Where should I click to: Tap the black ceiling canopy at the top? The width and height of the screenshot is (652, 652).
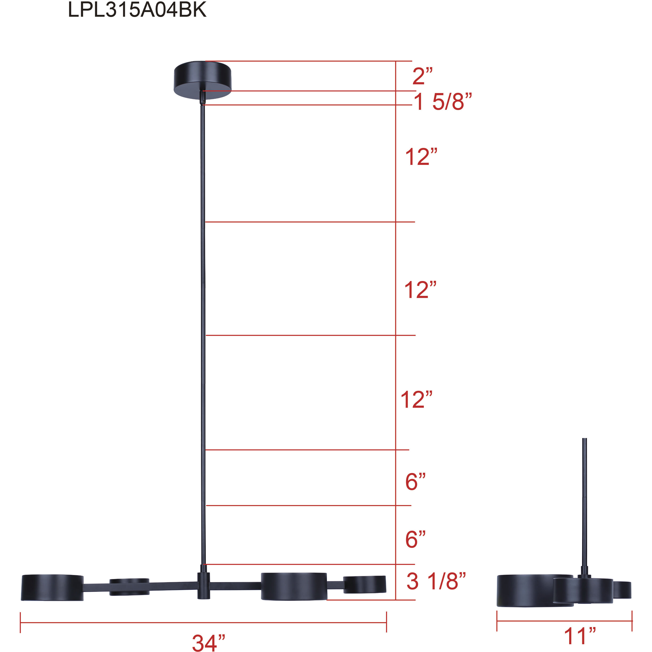click(203, 80)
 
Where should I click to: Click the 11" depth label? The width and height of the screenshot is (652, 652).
click(580, 636)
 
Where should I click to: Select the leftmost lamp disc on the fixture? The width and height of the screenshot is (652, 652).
click(52, 587)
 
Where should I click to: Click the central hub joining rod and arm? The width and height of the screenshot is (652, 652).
click(204, 585)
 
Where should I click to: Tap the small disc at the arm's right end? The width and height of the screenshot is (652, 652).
click(364, 584)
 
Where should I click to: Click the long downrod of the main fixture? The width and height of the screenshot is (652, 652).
click(203, 338)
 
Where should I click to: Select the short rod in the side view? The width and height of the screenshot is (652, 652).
click(584, 506)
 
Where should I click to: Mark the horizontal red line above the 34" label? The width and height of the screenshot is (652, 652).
click(204, 623)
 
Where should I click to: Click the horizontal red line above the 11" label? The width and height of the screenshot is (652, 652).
click(564, 621)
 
